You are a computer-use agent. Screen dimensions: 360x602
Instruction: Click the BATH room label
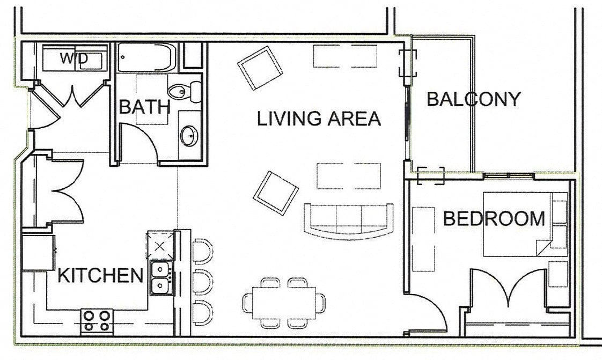tap(144, 107)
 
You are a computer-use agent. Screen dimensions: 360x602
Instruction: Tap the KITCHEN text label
tap(100, 276)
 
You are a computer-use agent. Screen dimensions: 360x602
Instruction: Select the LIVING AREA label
tap(319, 119)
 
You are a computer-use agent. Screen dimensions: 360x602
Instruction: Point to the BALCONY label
tap(473, 99)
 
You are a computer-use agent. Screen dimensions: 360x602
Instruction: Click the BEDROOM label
tap(494, 219)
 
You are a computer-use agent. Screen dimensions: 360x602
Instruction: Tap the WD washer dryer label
tap(74, 58)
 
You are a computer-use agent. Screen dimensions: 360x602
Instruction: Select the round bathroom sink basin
tap(188, 136)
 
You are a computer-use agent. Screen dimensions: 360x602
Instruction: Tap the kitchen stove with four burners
tap(97, 321)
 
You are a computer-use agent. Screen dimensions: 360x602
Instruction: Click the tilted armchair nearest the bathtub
tap(260, 68)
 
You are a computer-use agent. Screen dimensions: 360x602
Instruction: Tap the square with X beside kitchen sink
tap(160, 245)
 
